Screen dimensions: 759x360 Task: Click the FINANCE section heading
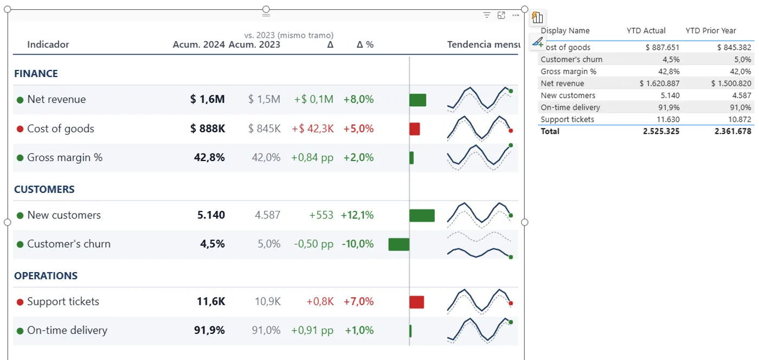(x=36, y=74)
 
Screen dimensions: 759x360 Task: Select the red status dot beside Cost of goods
(x=20, y=129)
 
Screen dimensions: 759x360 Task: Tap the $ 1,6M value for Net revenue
(x=207, y=99)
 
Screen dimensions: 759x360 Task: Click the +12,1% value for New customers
(x=357, y=215)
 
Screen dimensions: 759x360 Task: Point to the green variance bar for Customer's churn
(x=399, y=245)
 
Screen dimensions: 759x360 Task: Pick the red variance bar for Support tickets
(x=417, y=302)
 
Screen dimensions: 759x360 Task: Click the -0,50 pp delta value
(x=313, y=244)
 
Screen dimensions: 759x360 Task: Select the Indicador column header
(x=48, y=44)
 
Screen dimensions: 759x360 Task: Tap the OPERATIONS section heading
(x=46, y=275)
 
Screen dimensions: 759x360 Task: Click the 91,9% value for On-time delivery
(x=209, y=330)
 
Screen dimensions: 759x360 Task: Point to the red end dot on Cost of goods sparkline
(x=511, y=131)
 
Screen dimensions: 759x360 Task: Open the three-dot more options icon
(x=516, y=15)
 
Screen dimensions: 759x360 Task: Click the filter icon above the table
(x=487, y=15)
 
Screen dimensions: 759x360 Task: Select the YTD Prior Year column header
(x=711, y=30)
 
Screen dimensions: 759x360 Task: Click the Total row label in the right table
(x=550, y=131)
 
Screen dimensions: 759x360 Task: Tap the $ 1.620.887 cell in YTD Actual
(x=659, y=83)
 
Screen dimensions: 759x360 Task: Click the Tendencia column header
(x=468, y=44)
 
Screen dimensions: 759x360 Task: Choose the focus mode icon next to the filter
(x=501, y=15)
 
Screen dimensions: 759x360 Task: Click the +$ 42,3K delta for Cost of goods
(x=313, y=128)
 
